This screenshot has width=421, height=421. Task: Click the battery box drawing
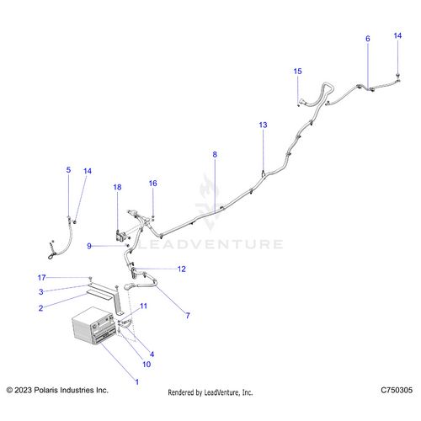(x=93, y=326)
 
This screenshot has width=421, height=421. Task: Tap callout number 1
(x=137, y=381)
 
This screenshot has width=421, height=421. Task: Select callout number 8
(x=215, y=154)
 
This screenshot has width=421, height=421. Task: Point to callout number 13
(x=263, y=125)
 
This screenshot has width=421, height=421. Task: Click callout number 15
(x=297, y=72)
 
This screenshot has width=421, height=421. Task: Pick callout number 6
(x=368, y=39)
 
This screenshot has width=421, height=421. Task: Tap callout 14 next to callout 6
(x=397, y=35)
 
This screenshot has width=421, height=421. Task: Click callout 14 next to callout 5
(x=88, y=171)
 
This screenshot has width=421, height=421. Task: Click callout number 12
(x=182, y=269)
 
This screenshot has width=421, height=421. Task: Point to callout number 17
(x=41, y=278)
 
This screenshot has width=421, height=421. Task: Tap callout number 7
(x=188, y=316)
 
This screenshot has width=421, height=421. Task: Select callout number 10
(x=147, y=365)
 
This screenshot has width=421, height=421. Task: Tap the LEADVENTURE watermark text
(x=210, y=244)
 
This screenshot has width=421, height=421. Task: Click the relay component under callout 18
(x=120, y=235)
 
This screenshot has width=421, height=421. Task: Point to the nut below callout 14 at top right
(x=398, y=75)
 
